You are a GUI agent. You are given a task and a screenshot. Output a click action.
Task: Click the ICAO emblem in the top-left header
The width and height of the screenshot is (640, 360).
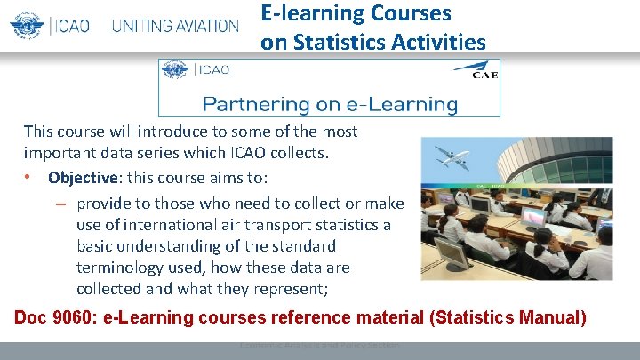point(27,25)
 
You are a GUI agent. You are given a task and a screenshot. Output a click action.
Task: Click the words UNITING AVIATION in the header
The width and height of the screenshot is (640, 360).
point(175,26)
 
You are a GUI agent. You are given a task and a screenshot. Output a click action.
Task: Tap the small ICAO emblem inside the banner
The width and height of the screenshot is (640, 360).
point(173,69)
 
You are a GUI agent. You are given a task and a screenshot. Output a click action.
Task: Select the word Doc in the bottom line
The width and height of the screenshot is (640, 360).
point(32,317)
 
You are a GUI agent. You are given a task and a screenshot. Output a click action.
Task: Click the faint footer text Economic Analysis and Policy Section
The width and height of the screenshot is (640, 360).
point(319,345)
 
